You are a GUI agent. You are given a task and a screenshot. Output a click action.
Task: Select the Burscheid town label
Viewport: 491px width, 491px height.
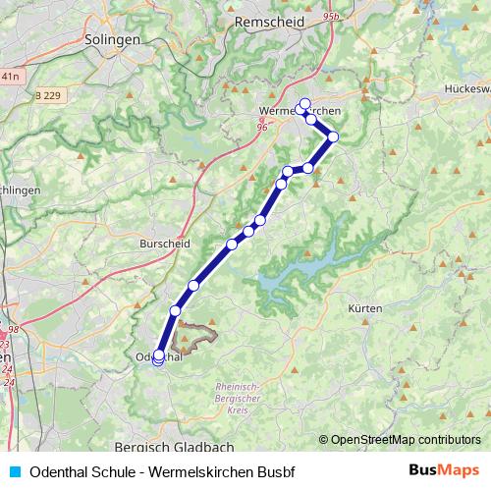click(163, 242)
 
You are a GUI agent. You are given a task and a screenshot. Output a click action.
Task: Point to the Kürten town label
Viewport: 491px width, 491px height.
click(364, 308)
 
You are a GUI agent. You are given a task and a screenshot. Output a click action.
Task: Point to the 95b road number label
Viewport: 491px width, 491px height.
click(329, 17)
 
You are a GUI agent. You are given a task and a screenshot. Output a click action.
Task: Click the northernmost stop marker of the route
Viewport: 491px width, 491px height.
click(304, 103)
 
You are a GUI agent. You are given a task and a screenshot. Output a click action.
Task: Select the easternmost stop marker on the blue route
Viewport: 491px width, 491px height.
click(334, 136)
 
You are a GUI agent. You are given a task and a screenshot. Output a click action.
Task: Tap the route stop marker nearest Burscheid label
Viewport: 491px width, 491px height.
click(233, 244)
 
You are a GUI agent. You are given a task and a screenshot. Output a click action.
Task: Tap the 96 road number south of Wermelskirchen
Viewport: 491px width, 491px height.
click(262, 126)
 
